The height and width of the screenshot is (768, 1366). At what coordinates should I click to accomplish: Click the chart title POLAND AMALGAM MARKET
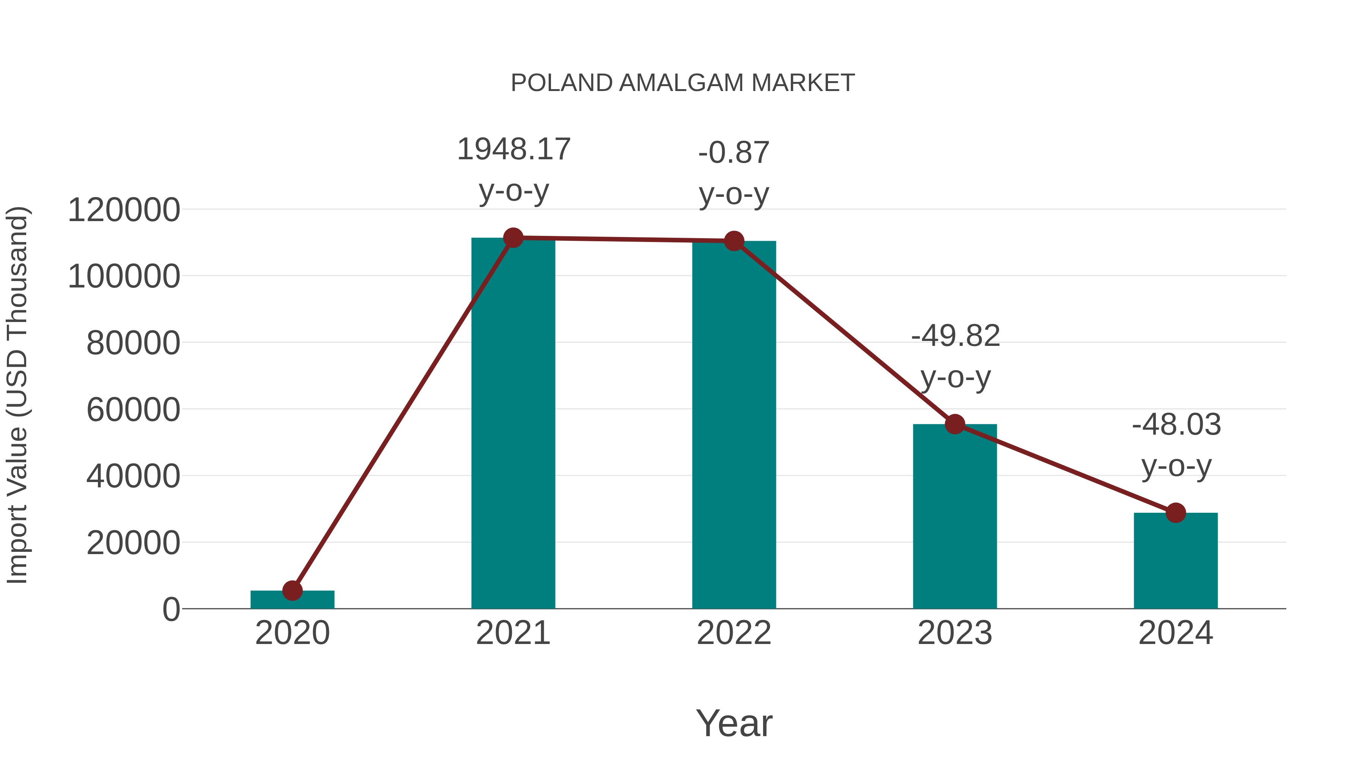click(x=683, y=83)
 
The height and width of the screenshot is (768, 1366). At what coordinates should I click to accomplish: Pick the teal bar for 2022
click(x=734, y=424)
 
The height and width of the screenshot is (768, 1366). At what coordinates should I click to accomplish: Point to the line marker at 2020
click(x=292, y=591)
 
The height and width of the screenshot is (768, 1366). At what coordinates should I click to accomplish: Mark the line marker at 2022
click(x=734, y=241)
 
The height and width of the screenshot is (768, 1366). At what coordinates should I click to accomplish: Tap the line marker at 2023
click(x=955, y=424)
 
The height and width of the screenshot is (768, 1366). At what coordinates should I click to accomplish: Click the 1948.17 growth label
click(x=513, y=149)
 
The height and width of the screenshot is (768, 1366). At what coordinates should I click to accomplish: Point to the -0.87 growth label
click(x=734, y=153)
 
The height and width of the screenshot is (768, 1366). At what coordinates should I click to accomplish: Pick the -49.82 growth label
click(x=955, y=336)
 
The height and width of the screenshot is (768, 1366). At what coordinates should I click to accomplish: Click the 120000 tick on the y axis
click(x=124, y=210)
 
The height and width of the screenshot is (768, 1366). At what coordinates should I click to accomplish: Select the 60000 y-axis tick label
click(x=133, y=410)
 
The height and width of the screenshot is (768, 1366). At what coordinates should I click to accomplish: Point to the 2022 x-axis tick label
click(x=734, y=633)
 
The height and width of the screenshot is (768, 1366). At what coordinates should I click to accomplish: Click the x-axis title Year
click(x=734, y=723)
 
